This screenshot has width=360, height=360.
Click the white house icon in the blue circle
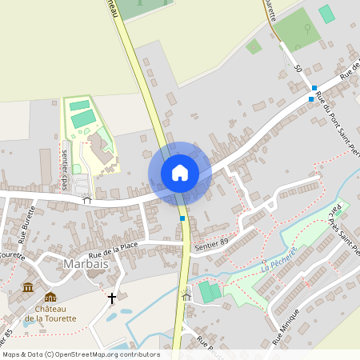coord(180,173)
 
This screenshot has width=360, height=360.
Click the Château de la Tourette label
coord(50,313)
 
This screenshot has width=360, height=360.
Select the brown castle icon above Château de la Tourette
coord(50,297)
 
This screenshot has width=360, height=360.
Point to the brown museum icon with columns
coord(28,287)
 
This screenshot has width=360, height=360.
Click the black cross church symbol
coord(111,298)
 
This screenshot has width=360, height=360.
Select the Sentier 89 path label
coord(212,242)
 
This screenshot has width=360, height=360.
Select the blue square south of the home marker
coord(182,218)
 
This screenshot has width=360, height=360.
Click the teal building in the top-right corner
coord(326,14)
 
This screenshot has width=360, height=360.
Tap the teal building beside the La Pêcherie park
coord(210,292)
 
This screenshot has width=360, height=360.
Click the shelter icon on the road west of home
coord(87,201)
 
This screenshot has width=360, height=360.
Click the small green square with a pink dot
coord(254,46)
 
